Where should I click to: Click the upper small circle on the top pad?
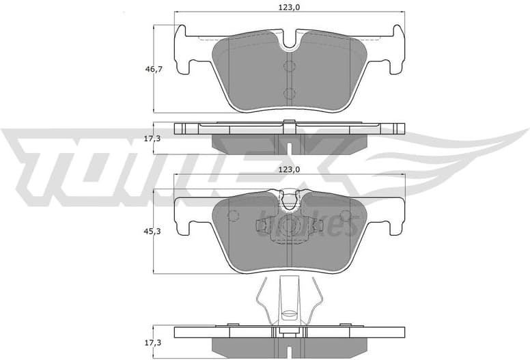tap(288, 66)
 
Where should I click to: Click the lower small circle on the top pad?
tap(288, 94)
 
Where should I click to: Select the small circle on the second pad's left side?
tap(232, 217)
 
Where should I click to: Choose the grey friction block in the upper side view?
tap(290, 141)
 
